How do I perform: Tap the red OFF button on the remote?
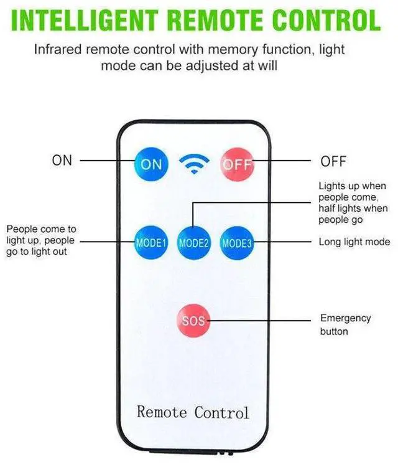click(236, 164)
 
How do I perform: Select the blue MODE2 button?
click(193, 243)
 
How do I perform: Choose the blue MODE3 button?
click(236, 243)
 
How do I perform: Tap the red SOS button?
click(193, 321)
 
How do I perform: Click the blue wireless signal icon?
click(193, 164)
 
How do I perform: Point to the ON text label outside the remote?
click(62, 161)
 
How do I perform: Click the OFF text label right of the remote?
click(333, 162)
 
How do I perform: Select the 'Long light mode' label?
click(354, 242)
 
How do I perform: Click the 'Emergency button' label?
click(345, 324)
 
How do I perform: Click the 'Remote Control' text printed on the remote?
click(193, 412)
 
